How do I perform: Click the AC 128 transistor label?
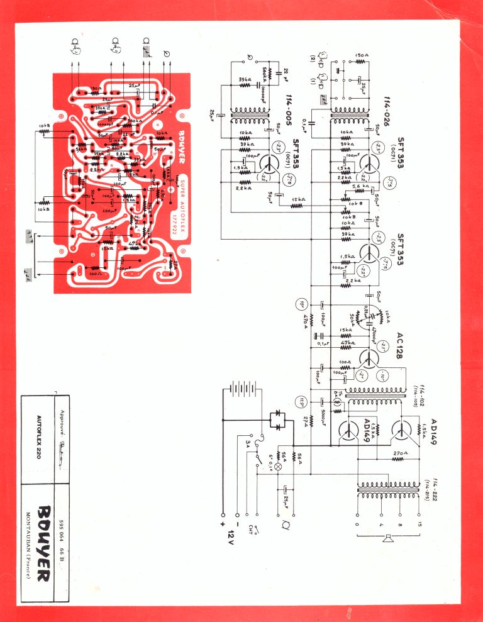(398, 345)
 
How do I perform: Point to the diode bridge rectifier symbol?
(278, 419)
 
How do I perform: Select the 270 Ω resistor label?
(397, 452)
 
